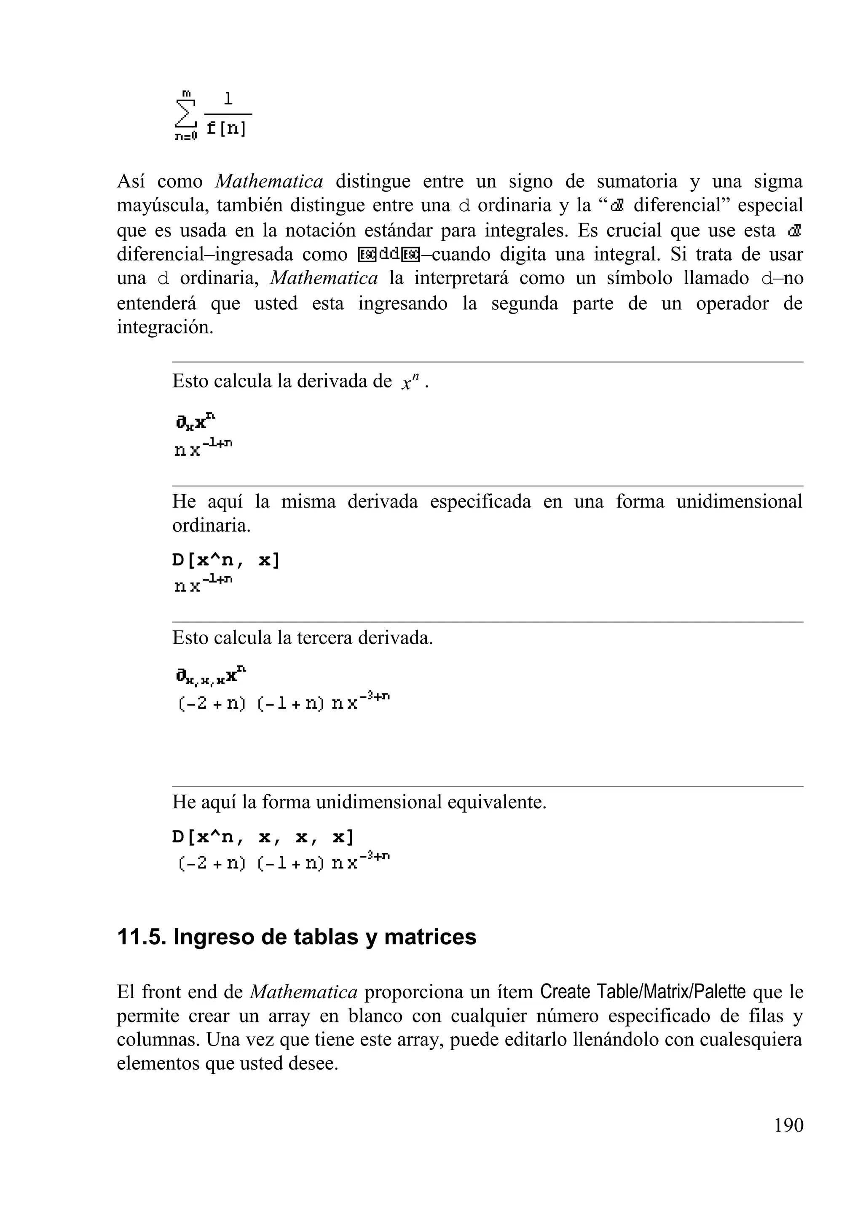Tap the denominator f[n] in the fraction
tap(226, 129)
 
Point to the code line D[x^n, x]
tap(226, 560)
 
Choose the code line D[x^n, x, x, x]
tap(263, 837)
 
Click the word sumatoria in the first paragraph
tap(637, 182)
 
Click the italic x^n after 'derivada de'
tap(410, 382)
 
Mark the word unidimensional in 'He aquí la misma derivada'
tap(740, 502)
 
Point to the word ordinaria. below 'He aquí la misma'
tap(211, 526)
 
